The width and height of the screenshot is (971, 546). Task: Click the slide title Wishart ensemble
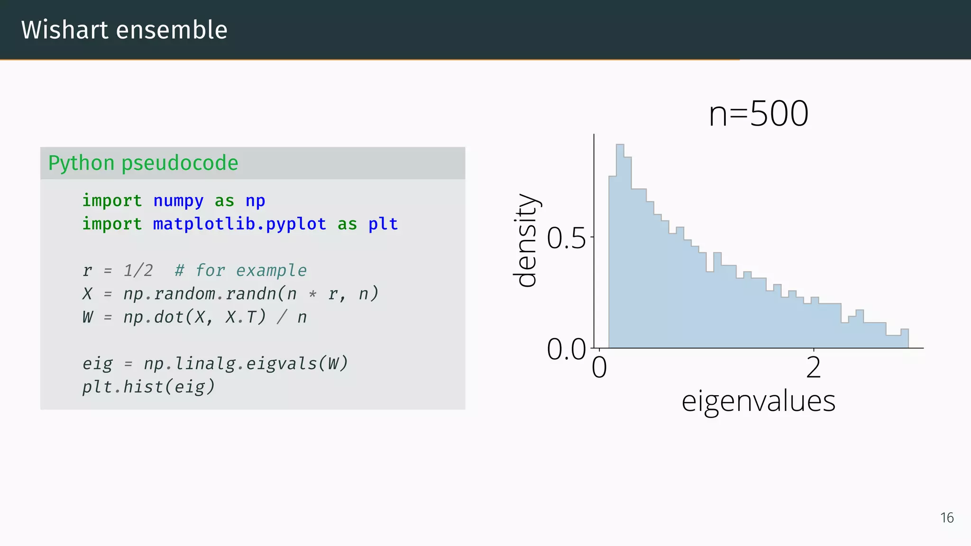124,30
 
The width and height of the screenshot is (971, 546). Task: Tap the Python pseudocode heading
143,163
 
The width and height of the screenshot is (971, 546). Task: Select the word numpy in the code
178,201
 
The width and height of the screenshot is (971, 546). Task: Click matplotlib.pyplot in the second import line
239,224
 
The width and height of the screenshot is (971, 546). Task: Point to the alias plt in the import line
383,224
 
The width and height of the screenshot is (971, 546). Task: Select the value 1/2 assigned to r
138,271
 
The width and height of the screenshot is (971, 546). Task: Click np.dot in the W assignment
153,317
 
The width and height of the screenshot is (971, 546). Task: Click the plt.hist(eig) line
148,387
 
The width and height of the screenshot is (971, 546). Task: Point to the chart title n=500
758,114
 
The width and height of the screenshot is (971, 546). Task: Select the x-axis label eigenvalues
758,401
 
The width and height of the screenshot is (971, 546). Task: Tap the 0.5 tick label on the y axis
566,238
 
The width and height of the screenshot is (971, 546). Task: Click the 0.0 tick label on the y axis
566,349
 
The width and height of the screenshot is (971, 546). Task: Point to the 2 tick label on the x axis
814,367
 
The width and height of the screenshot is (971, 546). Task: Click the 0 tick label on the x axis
599,367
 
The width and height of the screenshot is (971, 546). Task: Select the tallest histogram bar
620,246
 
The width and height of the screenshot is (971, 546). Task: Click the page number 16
947,518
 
